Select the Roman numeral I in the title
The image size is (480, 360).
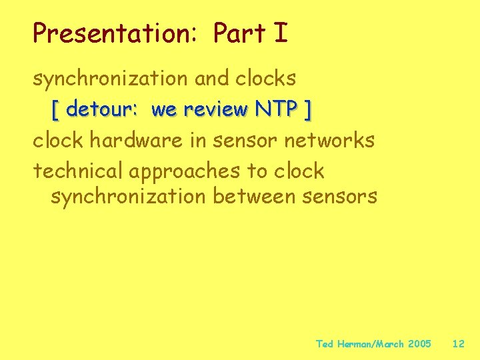[x=281, y=33]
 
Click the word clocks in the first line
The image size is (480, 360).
[x=265, y=79]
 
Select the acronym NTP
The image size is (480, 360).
[x=275, y=109]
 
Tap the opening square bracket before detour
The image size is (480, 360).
[x=55, y=110]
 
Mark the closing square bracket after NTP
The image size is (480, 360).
[x=307, y=110]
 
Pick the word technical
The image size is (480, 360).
[x=80, y=171]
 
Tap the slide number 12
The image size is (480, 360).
[x=458, y=344]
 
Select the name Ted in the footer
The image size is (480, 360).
[x=324, y=344]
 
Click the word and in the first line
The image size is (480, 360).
[x=213, y=79]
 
